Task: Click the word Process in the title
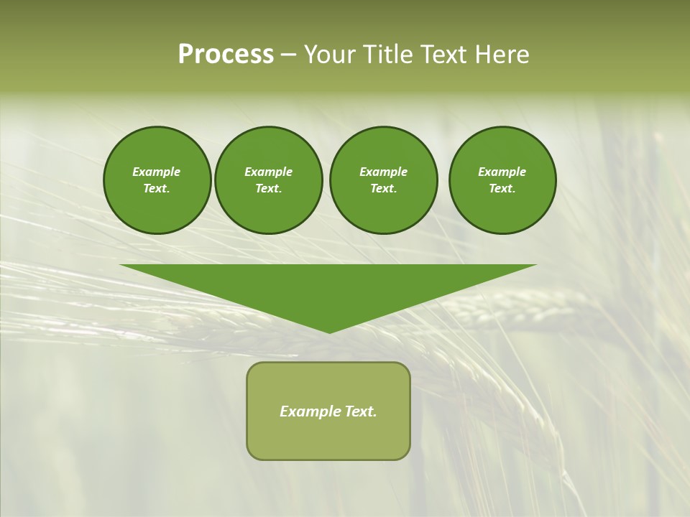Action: (x=226, y=55)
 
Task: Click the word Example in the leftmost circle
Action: (x=157, y=172)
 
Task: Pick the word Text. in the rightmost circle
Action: (x=502, y=188)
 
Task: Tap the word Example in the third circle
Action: (x=383, y=172)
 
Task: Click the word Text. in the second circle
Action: (x=268, y=188)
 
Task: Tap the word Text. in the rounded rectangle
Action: (x=362, y=411)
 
